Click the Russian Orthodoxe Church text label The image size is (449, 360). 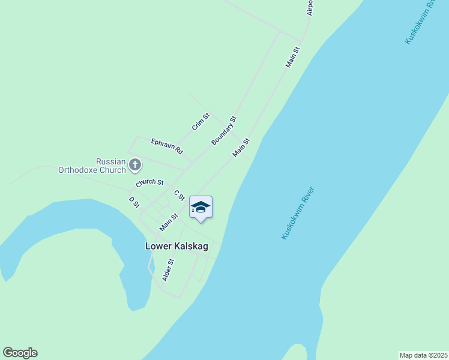point(92,166)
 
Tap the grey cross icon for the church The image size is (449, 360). point(136,164)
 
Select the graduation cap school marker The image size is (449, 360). point(200,208)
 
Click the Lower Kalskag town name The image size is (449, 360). point(177,246)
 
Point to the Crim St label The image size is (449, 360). point(200,122)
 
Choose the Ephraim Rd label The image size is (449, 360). point(166,146)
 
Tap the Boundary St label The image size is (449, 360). point(224,130)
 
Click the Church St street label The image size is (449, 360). point(149,182)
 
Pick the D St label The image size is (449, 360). point(134,202)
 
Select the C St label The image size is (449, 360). point(179,196)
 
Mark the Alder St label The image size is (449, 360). point(168,270)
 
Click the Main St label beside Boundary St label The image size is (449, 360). point(241,148)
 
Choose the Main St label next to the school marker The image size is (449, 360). point(169,223)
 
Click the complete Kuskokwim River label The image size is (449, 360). point(298,214)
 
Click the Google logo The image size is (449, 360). point(20,353)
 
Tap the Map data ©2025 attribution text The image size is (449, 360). point(423,355)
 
